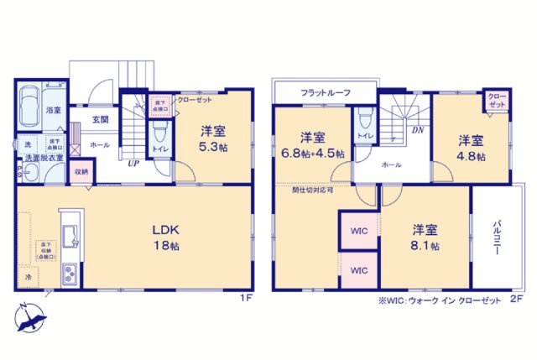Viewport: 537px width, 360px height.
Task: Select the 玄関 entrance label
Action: pyautogui.click(x=100, y=120)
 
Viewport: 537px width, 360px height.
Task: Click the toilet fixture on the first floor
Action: pyautogui.click(x=159, y=133)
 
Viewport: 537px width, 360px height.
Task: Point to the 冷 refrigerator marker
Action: pyautogui.click(x=28, y=276)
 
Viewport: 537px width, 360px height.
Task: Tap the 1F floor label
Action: pyautogui.click(x=245, y=296)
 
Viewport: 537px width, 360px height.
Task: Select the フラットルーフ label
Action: pyautogui.click(x=325, y=92)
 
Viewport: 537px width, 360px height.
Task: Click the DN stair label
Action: pyautogui.click(x=416, y=130)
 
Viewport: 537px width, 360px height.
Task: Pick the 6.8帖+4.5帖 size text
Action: pyautogui.click(x=312, y=154)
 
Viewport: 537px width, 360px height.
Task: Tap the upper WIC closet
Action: pyautogui.click(x=358, y=229)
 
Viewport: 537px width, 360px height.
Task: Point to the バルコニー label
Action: pyautogui.click(x=496, y=238)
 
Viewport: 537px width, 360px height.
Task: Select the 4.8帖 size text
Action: pyautogui.click(x=470, y=154)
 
